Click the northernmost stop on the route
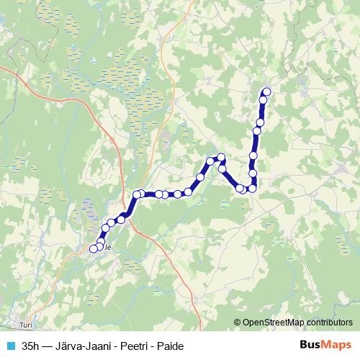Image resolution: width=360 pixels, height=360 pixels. point(267,91)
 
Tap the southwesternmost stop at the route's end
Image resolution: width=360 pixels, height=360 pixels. point(93,249)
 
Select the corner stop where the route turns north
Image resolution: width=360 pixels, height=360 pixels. point(253,189)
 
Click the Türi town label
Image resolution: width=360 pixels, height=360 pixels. point(27,325)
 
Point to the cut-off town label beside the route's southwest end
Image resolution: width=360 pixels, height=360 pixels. point(109,247)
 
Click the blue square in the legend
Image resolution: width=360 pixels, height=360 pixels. point(10,346)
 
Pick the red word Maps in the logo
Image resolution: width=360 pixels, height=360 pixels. point(337,346)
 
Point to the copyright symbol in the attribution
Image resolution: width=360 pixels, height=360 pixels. point(238,323)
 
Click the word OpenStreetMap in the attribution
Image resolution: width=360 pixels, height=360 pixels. point(272,323)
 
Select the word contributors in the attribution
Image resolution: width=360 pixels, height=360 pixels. point(328,323)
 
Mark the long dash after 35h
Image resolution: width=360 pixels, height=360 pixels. point(48,346)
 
